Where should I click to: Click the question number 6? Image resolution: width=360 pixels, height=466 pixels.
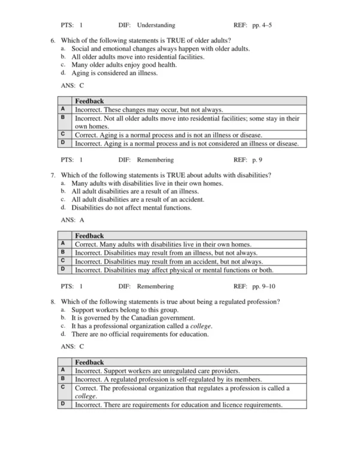point(53,40)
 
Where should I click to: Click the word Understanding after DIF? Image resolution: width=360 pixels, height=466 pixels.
point(156,25)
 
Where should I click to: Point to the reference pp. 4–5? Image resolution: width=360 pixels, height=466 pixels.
point(260,25)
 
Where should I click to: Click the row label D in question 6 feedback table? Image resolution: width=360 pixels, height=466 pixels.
point(63,144)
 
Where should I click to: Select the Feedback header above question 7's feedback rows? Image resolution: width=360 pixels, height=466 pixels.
point(89,236)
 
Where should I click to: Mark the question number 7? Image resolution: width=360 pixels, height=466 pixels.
point(53,175)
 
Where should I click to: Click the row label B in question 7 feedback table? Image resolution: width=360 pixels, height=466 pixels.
point(63,253)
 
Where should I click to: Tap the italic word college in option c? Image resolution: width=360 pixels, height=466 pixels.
point(201,325)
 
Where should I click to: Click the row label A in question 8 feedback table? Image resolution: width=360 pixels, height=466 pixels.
point(63,371)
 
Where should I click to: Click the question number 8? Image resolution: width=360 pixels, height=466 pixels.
point(53,301)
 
